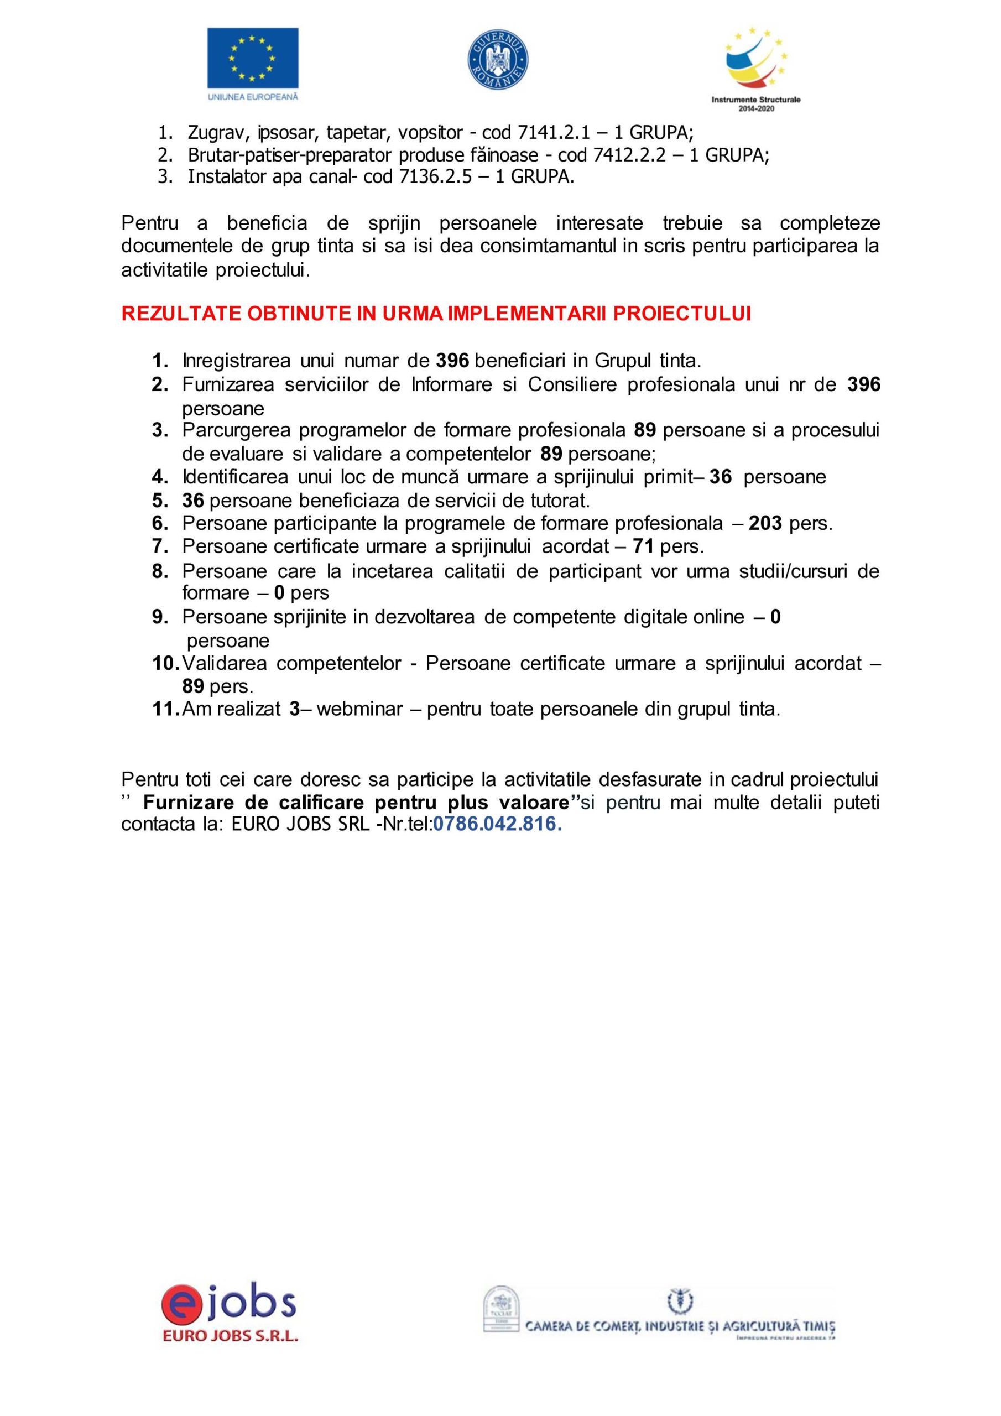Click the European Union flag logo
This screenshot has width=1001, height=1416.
click(x=252, y=58)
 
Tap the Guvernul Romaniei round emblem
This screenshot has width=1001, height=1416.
click(x=499, y=58)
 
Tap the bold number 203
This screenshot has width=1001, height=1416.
click(x=765, y=524)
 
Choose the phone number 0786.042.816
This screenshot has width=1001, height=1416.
click(x=497, y=824)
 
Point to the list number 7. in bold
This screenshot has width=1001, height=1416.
click(x=160, y=546)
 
